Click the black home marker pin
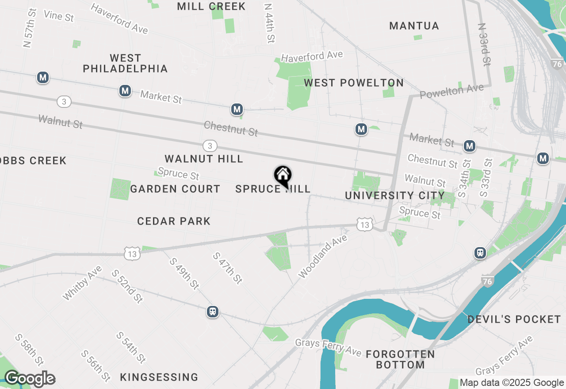[x=283, y=176]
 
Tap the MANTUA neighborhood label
[x=414, y=26]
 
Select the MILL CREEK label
[x=211, y=6]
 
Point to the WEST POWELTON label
[x=354, y=83]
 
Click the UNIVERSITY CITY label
[x=395, y=195]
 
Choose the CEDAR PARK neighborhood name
[x=174, y=221]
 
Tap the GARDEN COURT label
[x=175, y=189]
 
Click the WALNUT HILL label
[x=204, y=159]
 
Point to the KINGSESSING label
[x=159, y=377]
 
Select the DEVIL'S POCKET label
[x=514, y=319]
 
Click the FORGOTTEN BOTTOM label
[x=400, y=359]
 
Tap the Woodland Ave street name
[x=323, y=256]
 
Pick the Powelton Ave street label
[x=451, y=92]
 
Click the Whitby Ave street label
[x=83, y=283]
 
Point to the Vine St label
[x=59, y=16]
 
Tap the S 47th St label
[x=228, y=268]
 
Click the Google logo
[x=30, y=379]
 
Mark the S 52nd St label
[x=127, y=286]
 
